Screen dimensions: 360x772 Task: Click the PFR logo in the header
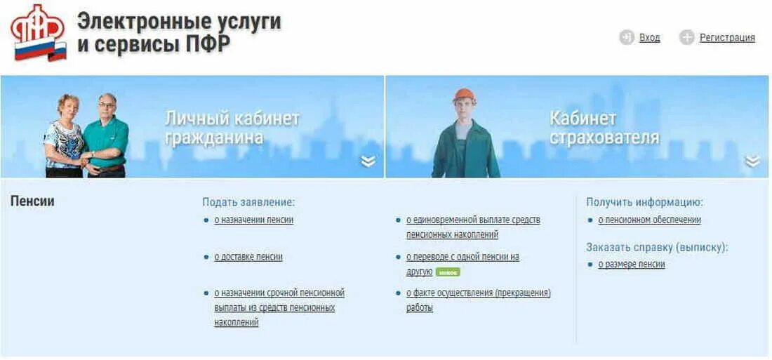39,32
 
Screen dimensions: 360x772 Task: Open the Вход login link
649,38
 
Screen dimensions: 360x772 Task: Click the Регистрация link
727,38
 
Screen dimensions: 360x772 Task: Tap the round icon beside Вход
627,38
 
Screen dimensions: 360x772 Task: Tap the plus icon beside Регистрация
687,38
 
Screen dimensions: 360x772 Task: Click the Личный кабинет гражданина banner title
232,127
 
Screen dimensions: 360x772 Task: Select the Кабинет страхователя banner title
604,127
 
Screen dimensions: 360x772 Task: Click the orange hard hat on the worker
464,95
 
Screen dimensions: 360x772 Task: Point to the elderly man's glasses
107,105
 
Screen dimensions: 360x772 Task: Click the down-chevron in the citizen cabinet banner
368,161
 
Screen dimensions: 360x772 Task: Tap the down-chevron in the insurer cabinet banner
752,161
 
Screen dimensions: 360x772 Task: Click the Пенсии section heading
32,201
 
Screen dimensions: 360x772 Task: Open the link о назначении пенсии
253,220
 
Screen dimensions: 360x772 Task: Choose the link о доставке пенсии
248,257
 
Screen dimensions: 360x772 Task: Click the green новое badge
448,272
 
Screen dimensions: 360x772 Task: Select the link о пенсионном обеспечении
649,220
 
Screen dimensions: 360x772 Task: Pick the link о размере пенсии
631,265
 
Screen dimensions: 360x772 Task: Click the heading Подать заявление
248,202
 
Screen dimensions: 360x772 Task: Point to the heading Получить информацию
644,202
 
